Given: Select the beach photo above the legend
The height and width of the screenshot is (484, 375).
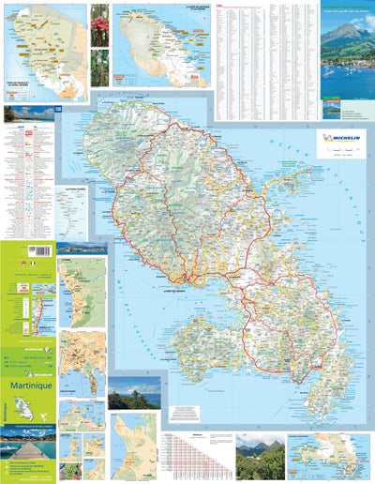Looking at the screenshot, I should [x=22, y=113].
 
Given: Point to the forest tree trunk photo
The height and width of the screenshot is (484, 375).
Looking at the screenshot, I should [x=99, y=69].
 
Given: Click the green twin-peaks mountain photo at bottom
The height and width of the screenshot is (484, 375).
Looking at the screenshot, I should [x=260, y=457].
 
